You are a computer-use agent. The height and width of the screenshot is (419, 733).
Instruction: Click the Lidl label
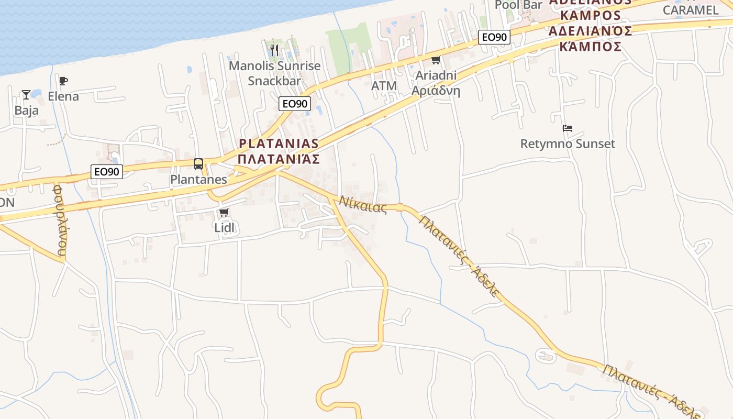click(225, 228)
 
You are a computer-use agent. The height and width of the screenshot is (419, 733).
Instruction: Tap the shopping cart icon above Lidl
click(224, 212)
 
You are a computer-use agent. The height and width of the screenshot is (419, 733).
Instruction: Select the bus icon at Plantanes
click(198, 164)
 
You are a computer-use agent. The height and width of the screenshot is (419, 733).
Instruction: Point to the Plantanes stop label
click(198, 180)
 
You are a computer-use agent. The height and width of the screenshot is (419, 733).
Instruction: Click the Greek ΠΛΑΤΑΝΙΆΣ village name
click(278, 159)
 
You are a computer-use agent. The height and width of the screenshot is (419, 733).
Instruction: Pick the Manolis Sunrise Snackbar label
click(274, 73)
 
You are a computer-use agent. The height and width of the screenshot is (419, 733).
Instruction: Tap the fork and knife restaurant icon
click(274, 51)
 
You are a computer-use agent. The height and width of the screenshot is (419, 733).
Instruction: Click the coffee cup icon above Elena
click(63, 81)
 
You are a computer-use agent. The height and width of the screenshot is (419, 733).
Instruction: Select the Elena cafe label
click(63, 96)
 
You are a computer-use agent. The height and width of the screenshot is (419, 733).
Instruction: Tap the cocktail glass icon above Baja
click(26, 95)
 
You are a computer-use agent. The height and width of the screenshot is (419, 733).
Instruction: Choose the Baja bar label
click(26, 111)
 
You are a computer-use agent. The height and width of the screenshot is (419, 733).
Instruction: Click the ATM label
click(384, 86)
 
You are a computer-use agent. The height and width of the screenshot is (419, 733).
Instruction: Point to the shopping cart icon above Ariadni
click(436, 60)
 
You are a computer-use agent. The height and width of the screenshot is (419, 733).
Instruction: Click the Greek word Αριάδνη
click(436, 91)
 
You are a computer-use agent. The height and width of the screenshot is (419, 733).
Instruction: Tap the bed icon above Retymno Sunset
click(568, 128)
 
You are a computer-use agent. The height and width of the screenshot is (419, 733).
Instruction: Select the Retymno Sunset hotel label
click(568, 144)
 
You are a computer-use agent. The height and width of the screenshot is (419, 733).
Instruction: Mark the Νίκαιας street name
click(363, 204)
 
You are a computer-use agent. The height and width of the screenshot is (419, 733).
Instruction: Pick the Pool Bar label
click(518, 5)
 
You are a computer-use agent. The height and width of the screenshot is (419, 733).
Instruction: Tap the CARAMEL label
click(691, 9)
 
